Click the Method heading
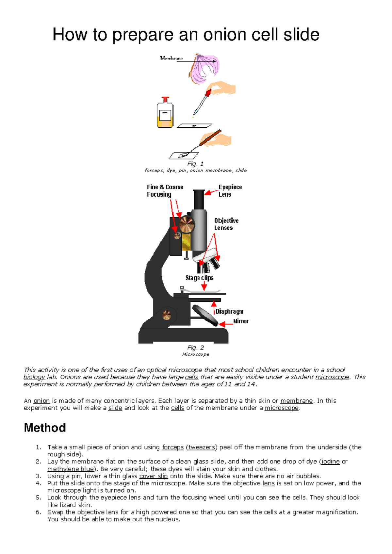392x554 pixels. coord(45,428)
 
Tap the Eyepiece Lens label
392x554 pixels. coord(230,191)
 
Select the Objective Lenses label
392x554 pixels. coord(226,224)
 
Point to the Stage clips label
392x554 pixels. coord(199,278)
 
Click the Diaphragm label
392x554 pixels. coord(229,311)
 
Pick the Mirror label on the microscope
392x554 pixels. coord(241,321)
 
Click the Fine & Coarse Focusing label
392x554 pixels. coord(165,191)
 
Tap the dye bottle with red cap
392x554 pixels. coord(165,113)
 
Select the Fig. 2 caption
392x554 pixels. coord(196,348)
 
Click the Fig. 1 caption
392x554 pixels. coord(195,164)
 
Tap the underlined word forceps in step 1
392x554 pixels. coord(173,447)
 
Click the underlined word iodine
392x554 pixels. coord(331,461)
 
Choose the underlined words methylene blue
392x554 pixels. coord(71,469)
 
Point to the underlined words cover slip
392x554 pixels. coord(154,476)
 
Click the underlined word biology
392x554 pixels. coord(34,377)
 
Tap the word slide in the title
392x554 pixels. coord(301,35)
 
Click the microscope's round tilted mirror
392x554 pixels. coord(205,315)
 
